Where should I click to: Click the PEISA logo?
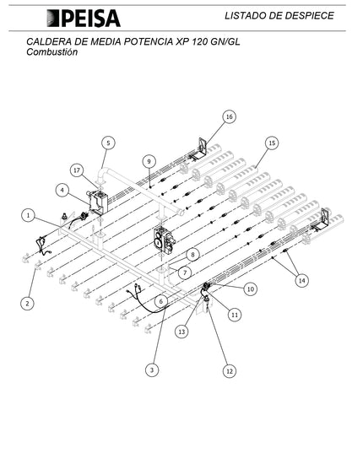[x=84, y=19]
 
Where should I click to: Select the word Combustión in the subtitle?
[x=52, y=52]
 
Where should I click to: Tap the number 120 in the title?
[x=199, y=42]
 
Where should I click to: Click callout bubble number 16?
[x=229, y=116]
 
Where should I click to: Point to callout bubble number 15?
[x=272, y=143]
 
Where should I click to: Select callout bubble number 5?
[x=108, y=143]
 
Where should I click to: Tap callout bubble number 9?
[x=149, y=161]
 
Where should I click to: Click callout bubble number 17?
[x=77, y=170]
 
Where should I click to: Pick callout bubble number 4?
[x=62, y=191]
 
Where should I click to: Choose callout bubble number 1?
[x=29, y=215]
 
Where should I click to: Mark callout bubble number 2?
[x=27, y=304]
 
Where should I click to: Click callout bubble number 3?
[x=152, y=369]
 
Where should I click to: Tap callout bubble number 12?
[x=230, y=371]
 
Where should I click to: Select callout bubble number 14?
[x=301, y=281]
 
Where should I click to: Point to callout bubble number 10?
[x=251, y=289]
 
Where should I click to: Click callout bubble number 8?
[x=192, y=255]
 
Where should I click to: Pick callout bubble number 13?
[x=181, y=332]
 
